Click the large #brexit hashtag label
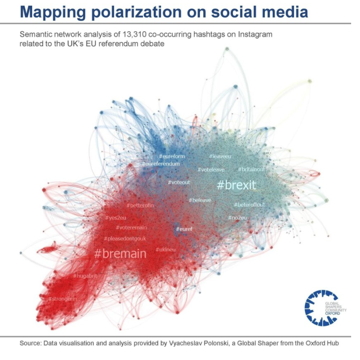(237, 185)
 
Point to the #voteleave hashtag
(211, 170)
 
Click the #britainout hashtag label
(251, 169)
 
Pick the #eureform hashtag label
(172, 156)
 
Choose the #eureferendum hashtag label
(161, 164)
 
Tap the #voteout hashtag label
(179, 182)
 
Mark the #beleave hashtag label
(200, 200)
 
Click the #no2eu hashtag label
(237, 218)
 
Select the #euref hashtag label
(184, 229)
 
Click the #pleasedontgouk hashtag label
(125, 238)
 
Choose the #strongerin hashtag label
(63, 298)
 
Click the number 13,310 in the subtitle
(121, 35)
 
